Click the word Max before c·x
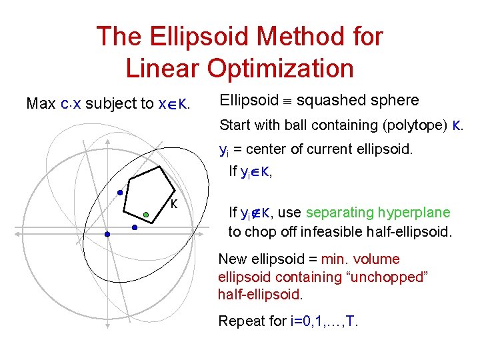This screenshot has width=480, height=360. (41, 104)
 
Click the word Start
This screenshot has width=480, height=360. (235, 125)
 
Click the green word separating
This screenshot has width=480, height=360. (339, 213)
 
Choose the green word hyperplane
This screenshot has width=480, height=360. (416, 213)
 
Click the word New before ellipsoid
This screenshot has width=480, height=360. (232, 259)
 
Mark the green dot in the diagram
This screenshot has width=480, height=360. (146, 215)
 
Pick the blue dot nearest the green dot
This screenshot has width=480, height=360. (134, 227)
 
